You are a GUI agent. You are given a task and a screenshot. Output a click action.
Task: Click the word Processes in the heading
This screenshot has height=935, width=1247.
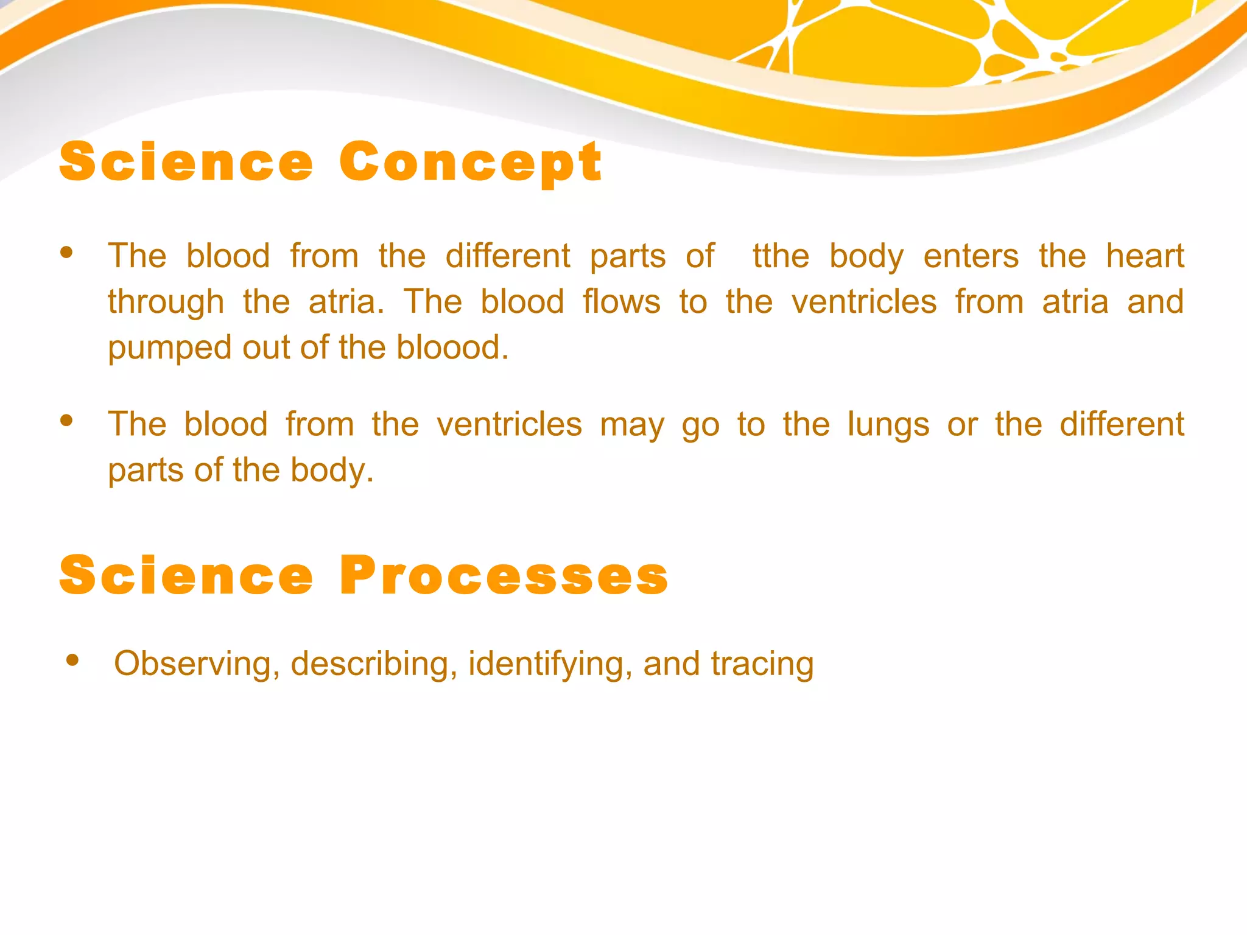[504, 576]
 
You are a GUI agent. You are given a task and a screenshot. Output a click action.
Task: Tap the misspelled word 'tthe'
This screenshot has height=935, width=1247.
[781, 256]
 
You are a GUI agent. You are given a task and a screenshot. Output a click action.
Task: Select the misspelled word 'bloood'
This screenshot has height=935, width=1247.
[452, 348]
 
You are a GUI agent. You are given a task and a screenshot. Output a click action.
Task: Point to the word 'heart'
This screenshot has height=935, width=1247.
[1145, 256]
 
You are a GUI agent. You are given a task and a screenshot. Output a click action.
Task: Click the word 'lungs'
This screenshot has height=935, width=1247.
[888, 424]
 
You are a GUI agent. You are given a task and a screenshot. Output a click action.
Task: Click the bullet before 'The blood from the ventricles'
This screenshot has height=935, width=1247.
[67, 420]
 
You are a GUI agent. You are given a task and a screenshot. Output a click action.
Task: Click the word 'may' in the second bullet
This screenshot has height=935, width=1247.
[632, 425]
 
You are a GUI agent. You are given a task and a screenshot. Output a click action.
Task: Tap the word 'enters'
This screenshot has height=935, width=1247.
[971, 256]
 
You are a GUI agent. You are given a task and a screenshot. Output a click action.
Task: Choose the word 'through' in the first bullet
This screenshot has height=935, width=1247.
[166, 303]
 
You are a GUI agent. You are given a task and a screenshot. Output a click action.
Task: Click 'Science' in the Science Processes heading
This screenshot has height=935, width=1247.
[186, 576]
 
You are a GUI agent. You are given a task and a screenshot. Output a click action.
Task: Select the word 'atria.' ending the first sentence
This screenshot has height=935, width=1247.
[346, 302]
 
